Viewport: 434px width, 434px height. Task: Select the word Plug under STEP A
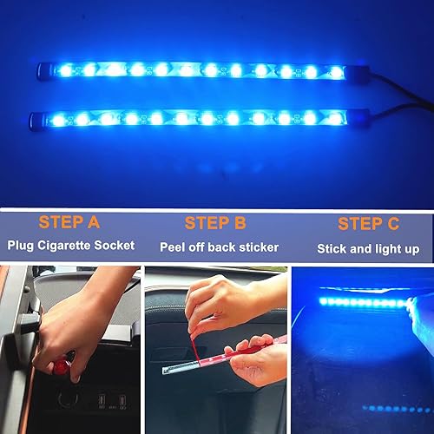[21, 247]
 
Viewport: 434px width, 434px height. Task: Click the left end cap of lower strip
[35, 118]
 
